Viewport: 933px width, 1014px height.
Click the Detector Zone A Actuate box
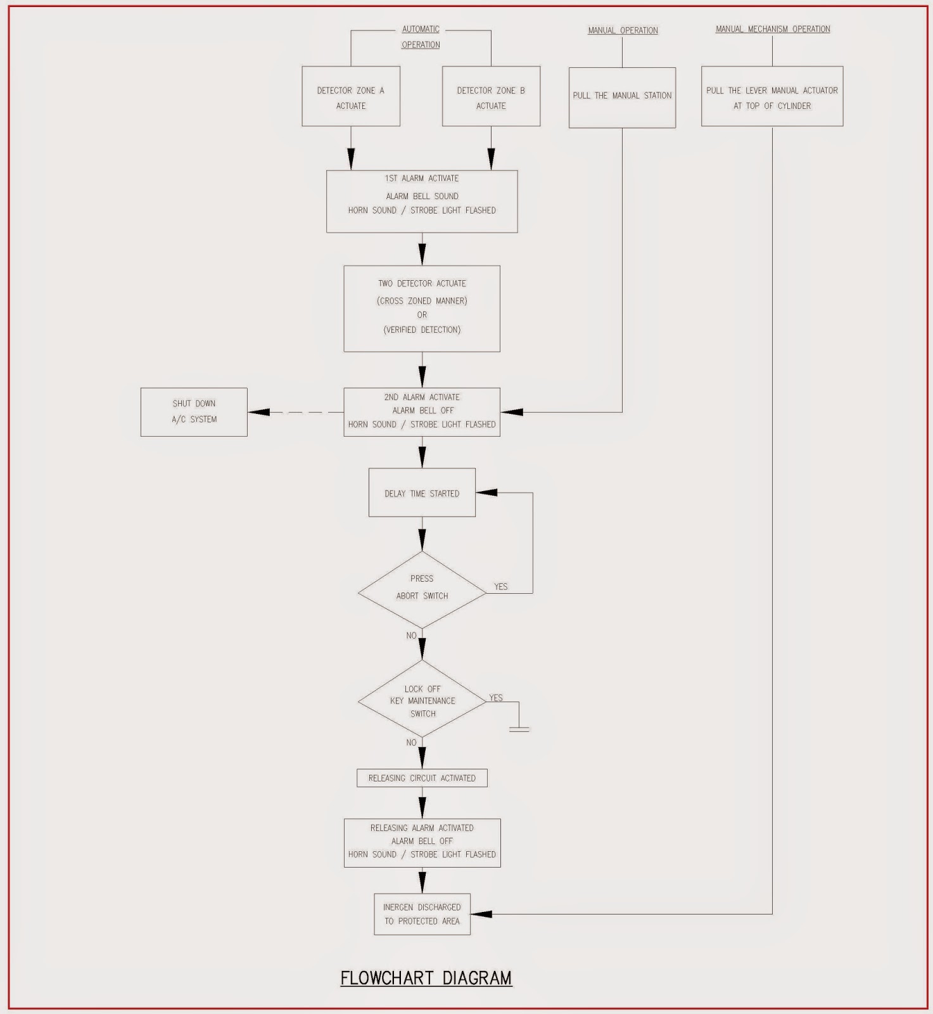coord(351,96)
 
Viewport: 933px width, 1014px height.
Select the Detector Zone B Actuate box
coord(491,96)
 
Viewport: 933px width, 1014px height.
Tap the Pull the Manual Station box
coord(622,98)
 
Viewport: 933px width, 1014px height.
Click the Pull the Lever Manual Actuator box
coord(772,96)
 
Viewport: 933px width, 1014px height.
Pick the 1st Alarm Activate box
coord(422,202)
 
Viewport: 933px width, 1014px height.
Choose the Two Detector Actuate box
coord(422,309)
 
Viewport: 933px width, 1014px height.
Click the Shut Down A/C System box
coord(194,412)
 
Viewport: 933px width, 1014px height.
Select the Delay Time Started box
coord(422,492)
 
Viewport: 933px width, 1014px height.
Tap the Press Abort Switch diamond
coord(422,590)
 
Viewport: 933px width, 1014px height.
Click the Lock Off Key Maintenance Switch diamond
coord(422,699)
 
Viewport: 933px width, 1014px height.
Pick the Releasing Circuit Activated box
coord(422,778)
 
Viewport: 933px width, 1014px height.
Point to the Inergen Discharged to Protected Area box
coord(422,914)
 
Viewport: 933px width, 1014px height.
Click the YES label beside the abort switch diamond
coord(501,587)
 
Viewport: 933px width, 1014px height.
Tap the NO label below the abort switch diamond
coord(412,636)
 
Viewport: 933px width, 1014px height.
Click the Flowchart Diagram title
coord(426,978)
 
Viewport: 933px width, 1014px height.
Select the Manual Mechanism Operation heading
coord(773,29)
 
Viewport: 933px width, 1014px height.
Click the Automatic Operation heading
coord(421,37)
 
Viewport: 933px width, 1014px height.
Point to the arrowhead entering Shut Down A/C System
coord(258,412)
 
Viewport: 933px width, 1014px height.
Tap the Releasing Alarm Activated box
coord(422,843)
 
